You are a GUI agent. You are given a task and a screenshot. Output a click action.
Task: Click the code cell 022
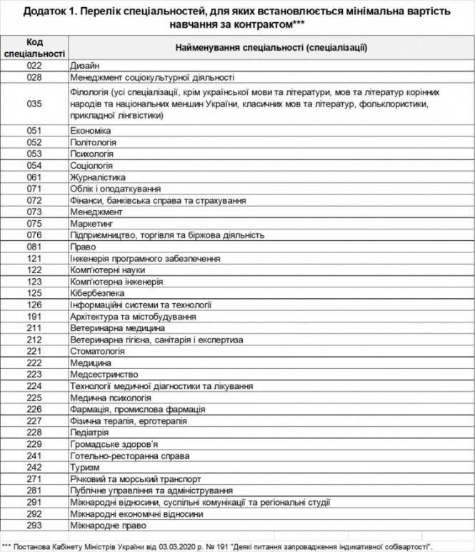coord(34,66)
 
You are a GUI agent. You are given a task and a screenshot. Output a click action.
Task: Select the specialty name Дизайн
coord(85,66)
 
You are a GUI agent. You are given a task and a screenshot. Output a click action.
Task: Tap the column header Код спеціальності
coord(34,48)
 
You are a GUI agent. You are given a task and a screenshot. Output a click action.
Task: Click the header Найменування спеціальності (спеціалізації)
coord(271,48)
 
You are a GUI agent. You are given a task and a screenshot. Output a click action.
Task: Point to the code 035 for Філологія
coord(34,104)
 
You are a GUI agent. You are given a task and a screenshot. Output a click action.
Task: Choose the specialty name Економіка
coord(91,131)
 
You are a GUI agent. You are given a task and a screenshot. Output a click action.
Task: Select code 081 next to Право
coord(34,247)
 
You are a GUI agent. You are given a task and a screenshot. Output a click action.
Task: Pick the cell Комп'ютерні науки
coord(108,270)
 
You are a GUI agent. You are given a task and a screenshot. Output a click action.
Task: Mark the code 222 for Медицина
coord(34,363)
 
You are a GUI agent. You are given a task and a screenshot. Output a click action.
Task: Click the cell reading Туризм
coord(84,468)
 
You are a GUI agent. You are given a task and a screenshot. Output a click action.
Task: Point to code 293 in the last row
coord(34,526)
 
